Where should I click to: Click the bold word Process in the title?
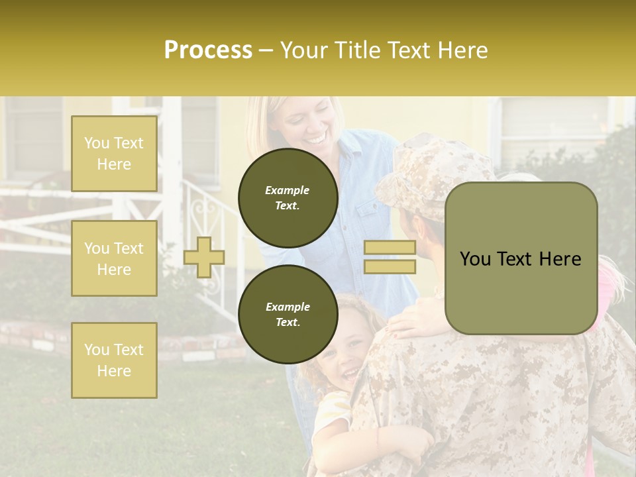[x=208, y=50]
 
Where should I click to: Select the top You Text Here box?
[x=114, y=154]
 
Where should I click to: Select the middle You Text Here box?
[x=114, y=258]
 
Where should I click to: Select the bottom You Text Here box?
[x=114, y=360]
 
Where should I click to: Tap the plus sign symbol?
[x=204, y=257]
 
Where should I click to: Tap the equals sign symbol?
[x=390, y=257]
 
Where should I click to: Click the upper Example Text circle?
[x=287, y=197]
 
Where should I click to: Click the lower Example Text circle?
[x=287, y=314]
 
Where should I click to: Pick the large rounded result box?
[x=521, y=258]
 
